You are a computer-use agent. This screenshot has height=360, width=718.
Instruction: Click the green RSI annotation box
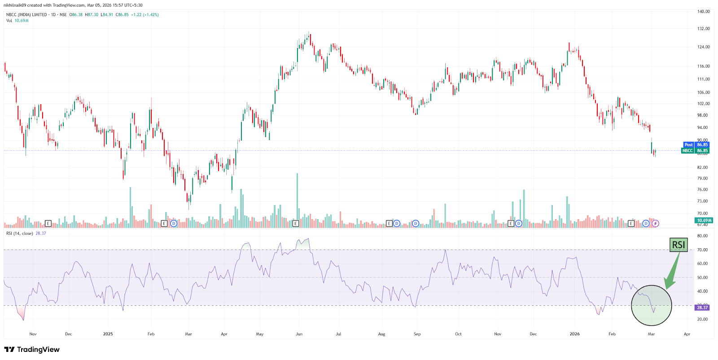[678, 245]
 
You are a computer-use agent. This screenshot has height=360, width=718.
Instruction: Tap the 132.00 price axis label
[703, 29]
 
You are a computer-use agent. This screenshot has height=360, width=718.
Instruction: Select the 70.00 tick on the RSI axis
[702, 250]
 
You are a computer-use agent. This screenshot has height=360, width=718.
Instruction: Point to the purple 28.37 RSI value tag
[702, 307]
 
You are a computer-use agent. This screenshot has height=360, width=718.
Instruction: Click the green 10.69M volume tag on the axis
[703, 220]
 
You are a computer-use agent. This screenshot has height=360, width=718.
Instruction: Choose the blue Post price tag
[688, 145]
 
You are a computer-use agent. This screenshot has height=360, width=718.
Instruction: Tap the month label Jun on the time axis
[299, 334]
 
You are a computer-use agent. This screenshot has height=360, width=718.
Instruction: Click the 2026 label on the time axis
[574, 334]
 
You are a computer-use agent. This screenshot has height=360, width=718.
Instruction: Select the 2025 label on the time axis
[108, 334]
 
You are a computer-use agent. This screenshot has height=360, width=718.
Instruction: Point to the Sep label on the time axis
[417, 334]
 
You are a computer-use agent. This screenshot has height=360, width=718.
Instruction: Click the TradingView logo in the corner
[32, 350]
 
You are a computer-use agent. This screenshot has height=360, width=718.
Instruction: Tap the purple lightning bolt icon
[655, 224]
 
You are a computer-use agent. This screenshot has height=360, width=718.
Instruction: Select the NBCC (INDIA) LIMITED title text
[27, 15]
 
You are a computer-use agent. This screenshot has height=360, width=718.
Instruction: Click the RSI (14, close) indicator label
[20, 233]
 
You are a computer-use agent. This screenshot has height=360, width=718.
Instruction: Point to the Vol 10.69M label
[18, 21]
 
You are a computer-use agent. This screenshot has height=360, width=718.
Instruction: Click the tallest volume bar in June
[297, 200]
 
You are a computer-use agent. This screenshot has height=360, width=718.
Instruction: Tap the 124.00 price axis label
[703, 47]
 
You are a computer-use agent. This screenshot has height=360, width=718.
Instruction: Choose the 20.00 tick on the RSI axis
[702, 320]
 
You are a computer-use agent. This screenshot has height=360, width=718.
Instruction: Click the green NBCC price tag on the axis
[687, 151]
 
